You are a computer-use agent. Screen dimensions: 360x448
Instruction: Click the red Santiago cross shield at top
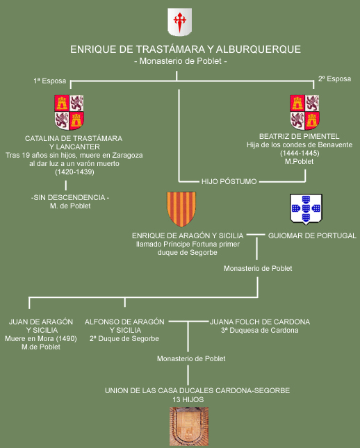pyautogui.click(x=179, y=22)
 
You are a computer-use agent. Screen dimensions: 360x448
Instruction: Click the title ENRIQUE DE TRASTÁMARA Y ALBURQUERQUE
pyautogui.click(x=186, y=49)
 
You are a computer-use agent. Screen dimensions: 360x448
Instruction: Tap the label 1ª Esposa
pyautogui.click(x=50, y=81)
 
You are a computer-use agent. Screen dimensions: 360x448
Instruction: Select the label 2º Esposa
pyautogui.click(x=334, y=79)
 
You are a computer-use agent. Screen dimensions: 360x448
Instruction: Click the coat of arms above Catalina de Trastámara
pyautogui.click(x=69, y=112)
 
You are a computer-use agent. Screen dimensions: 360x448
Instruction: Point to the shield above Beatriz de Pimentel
pyautogui.click(x=305, y=112)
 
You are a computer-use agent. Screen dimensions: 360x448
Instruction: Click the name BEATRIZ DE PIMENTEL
pyautogui.click(x=300, y=136)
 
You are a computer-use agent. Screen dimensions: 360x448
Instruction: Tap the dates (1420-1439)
pyautogui.click(x=74, y=172)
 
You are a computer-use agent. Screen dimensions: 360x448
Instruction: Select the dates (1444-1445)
pyautogui.click(x=300, y=153)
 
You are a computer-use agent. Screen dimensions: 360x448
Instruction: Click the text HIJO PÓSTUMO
pyautogui.click(x=229, y=181)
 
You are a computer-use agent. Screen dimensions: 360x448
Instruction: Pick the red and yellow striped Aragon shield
pyautogui.click(x=181, y=209)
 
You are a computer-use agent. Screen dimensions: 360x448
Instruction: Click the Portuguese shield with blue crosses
pyautogui.click(x=306, y=209)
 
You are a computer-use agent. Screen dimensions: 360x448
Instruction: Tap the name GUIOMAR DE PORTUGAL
pyautogui.click(x=312, y=235)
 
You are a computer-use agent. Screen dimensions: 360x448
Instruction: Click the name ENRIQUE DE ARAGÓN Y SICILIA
pyautogui.click(x=188, y=235)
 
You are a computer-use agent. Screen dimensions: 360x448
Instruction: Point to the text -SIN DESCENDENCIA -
pyautogui.click(x=70, y=197)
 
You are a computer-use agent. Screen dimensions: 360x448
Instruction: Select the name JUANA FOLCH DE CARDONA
pyautogui.click(x=260, y=322)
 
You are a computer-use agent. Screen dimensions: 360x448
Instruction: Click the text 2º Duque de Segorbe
pyautogui.click(x=124, y=338)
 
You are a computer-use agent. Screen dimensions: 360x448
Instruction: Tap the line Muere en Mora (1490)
pyautogui.click(x=41, y=338)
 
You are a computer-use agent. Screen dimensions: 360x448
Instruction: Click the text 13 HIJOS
pyautogui.click(x=188, y=399)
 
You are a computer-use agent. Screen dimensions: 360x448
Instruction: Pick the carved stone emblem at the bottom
pyautogui.click(x=189, y=426)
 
